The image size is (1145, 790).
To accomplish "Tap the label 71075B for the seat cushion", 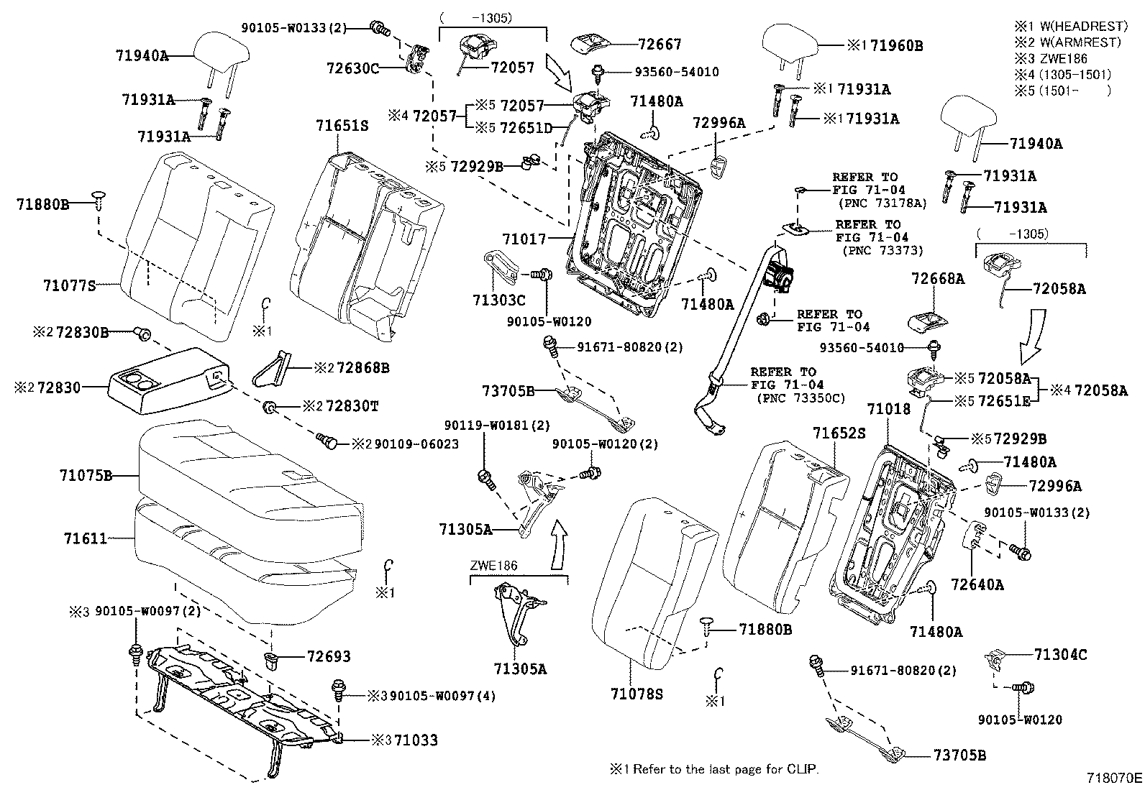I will point(86,475).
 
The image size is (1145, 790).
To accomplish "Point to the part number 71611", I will point(85,538).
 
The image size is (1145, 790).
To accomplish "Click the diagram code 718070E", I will point(1114,778).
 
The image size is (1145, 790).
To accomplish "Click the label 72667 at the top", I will point(660,44).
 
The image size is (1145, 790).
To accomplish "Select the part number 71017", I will point(524,238).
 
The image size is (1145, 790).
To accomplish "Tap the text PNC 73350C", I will point(801,398).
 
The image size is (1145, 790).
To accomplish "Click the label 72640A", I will point(977,584).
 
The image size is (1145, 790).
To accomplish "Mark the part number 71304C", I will point(1060,655).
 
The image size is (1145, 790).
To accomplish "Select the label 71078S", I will point(637,694).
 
